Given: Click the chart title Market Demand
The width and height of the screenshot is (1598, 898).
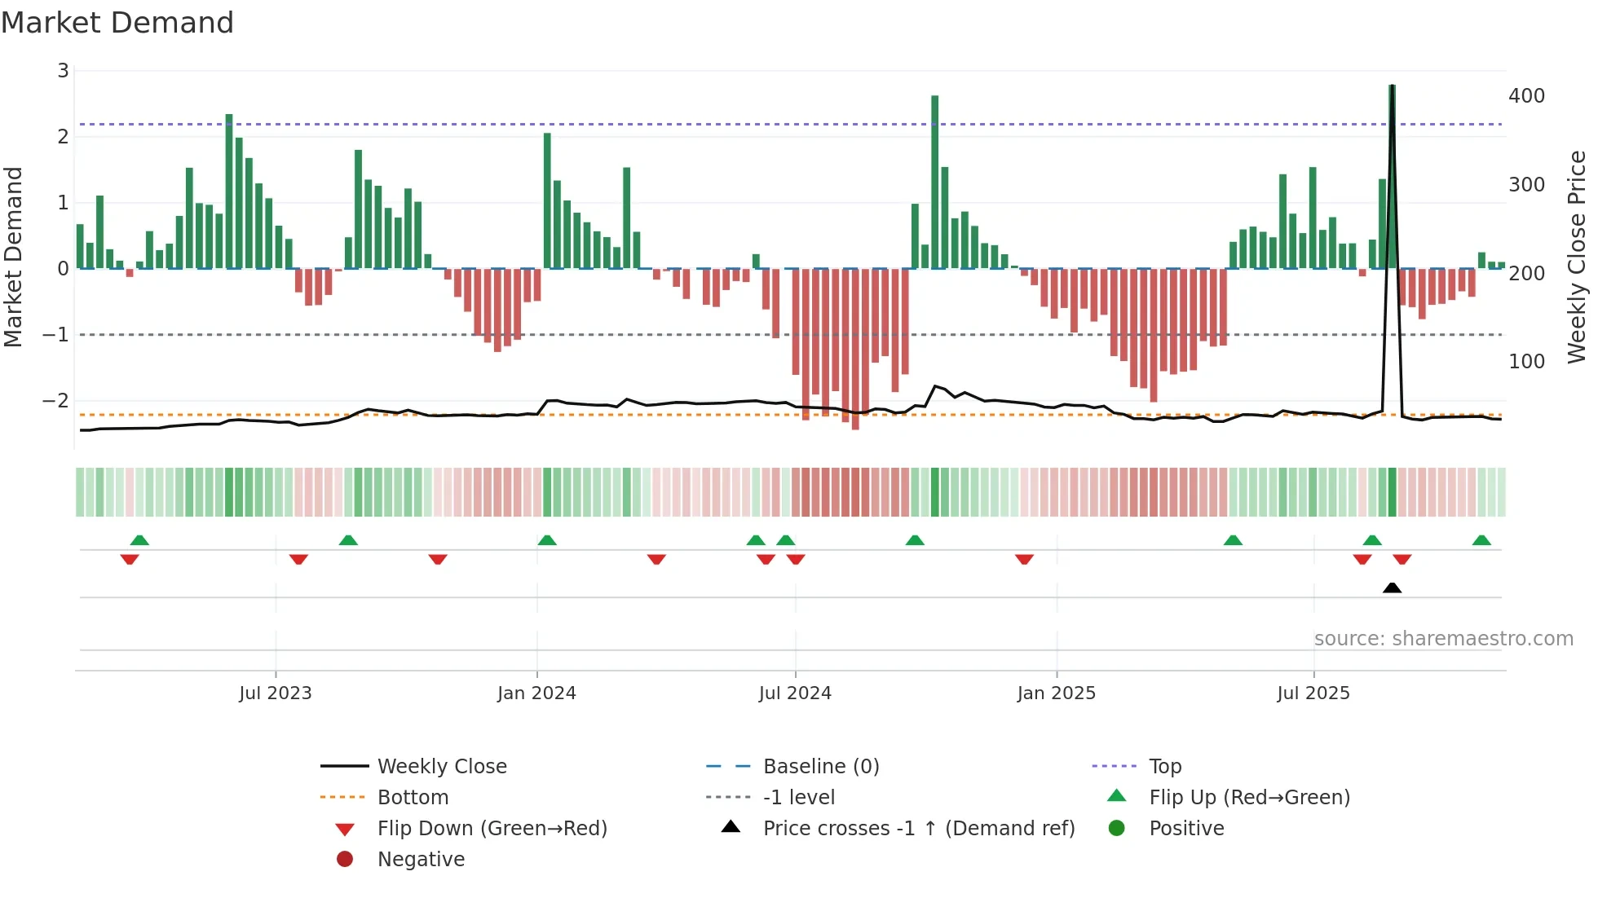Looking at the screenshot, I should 117,23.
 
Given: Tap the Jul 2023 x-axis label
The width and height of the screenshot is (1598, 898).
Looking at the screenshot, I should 276,693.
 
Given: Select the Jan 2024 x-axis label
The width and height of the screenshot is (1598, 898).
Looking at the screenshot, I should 536,693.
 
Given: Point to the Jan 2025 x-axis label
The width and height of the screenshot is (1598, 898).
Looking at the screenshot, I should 1057,693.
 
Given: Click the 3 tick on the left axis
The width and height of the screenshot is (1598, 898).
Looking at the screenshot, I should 63,71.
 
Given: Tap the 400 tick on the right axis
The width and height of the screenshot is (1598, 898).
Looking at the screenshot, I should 1526,96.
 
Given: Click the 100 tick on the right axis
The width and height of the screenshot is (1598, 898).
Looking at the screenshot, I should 1526,362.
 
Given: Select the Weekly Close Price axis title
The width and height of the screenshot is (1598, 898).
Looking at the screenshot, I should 1577,257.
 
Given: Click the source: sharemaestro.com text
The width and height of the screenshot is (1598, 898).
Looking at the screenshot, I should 1443,639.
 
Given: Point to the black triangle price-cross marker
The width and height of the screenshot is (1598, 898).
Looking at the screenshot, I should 1393,588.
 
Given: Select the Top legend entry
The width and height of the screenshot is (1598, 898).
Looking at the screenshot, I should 1164,767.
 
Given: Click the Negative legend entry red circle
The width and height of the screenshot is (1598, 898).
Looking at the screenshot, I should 345,860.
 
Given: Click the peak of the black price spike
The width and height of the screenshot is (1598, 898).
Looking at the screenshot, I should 1393,86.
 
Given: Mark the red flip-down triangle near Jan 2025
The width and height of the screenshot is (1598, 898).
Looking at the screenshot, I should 1025,559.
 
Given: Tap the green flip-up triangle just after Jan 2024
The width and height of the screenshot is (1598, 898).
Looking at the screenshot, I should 547,540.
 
